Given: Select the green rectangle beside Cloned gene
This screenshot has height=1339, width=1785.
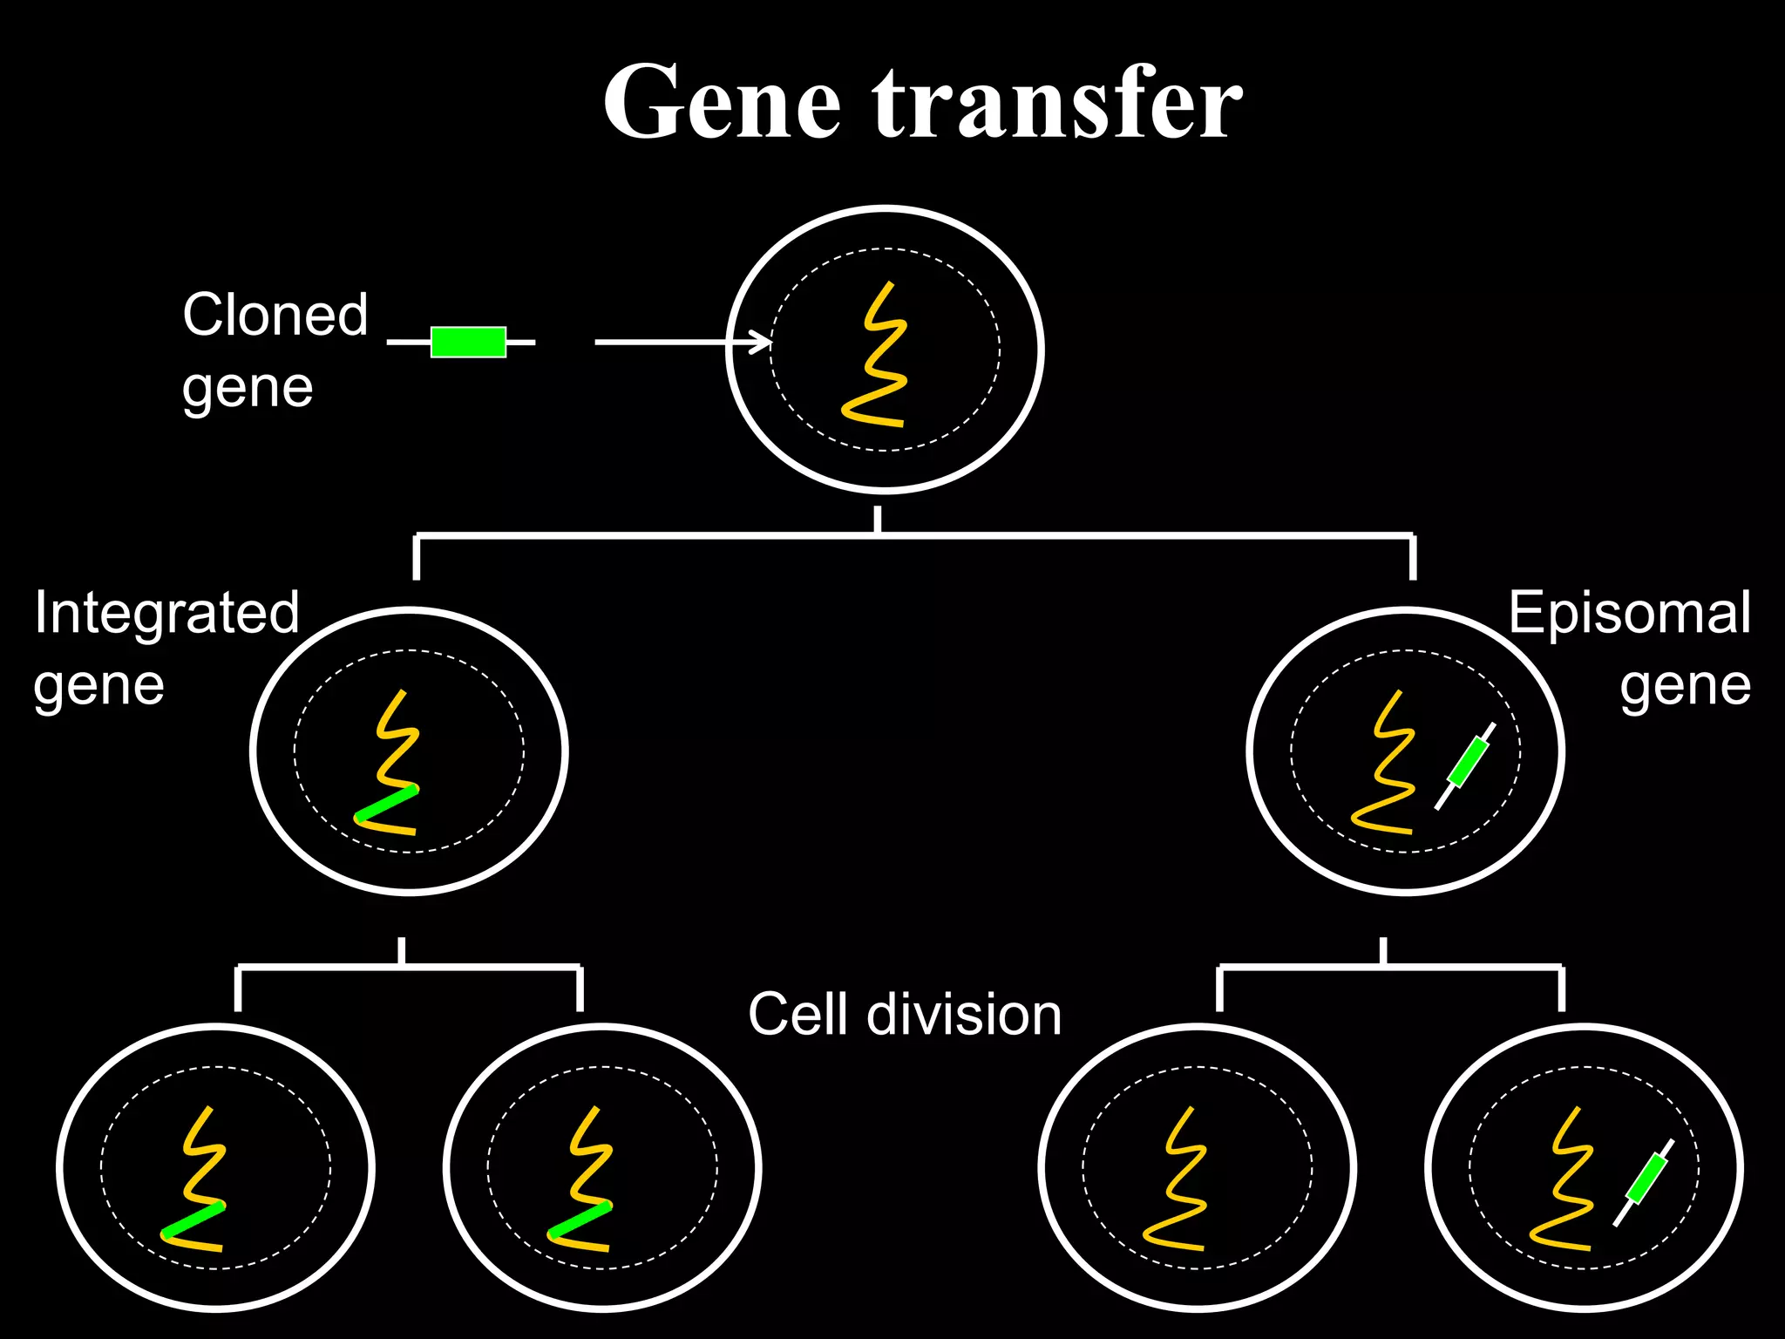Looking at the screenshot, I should [468, 342].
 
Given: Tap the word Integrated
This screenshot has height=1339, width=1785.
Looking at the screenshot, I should [166, 612].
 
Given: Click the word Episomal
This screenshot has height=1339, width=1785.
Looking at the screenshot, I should [1629, 612].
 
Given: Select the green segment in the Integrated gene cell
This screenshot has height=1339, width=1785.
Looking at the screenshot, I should [386, 804].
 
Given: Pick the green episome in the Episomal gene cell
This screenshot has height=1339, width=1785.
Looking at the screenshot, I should [1467, 762].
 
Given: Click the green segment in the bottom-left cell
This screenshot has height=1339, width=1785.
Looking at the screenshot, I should [193, 1220].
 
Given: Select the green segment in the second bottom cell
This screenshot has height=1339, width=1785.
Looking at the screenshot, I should [580, 1220].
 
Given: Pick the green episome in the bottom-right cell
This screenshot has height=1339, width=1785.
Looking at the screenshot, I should [1646, 1179].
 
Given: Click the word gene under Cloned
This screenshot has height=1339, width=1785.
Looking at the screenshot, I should [248, 389].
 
